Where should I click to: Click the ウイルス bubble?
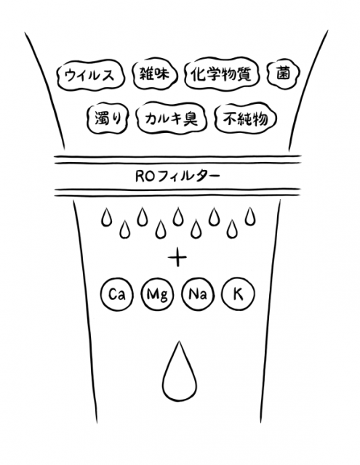tap(89, 75)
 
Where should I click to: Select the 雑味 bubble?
tap(154, 74)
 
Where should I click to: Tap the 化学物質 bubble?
tap(221, 74)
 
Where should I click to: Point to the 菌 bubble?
tap(283, 73)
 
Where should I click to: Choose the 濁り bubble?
tap(108, 118)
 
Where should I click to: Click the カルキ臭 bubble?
tap(172, 118)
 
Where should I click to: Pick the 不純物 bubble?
tap(245, 118)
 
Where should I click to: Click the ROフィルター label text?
tap(177, 177)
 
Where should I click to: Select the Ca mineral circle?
tap(116, 294)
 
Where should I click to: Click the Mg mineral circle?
tap(157, 294)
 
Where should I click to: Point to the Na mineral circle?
tap(198, 294)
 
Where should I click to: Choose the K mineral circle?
tap(238, 294)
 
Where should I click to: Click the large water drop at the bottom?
tap(180, 374)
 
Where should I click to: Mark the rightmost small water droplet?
tap(250, 217)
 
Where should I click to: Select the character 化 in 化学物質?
tap(199, 74)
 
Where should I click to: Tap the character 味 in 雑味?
tap(161, 73)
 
